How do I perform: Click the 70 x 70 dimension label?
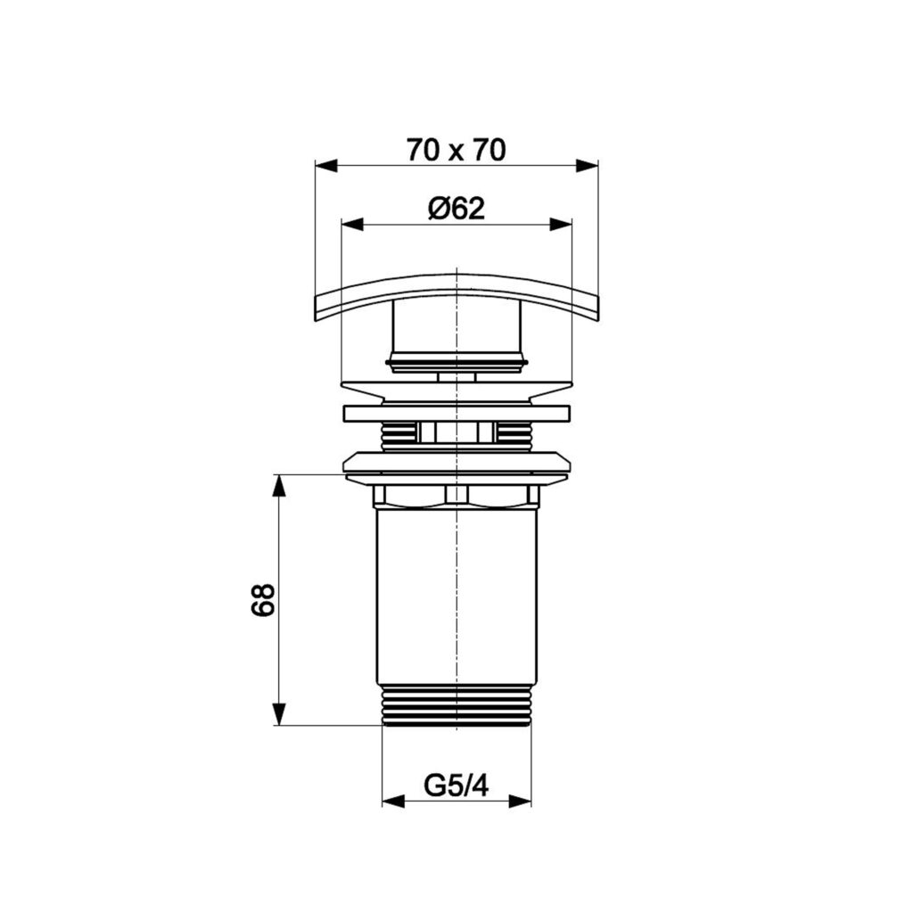[456, 150]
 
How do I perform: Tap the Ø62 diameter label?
[456, 209]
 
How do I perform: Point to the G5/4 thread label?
[456, 786]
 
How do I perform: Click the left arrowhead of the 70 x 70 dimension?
[326, 166]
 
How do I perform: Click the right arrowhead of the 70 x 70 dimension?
[587, 166]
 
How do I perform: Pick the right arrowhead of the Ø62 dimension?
[561, 224]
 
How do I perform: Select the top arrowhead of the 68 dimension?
[279, 486]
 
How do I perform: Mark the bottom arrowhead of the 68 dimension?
[279, 714]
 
